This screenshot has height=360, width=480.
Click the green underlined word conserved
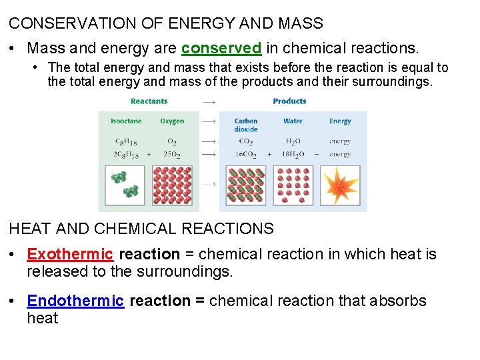pos(221,49)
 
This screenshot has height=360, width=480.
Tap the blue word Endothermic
pos(75,301)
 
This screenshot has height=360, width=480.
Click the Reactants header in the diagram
pos(149,101)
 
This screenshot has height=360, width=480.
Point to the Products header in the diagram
pos(289,101)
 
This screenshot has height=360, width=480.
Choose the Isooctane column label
pos(126,121)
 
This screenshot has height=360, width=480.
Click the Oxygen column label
pos(172,121)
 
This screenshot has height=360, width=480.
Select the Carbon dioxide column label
pos(246,125)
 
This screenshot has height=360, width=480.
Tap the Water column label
pos(293,121)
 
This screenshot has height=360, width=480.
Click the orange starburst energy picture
pos(340,185)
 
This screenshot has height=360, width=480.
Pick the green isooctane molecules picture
pos(126,185)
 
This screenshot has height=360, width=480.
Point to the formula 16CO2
pos(245,154)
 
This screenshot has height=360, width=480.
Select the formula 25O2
pos(172,154)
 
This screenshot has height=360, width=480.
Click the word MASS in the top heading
pos(301,23)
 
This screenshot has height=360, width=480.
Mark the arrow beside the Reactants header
pos(208,102)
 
